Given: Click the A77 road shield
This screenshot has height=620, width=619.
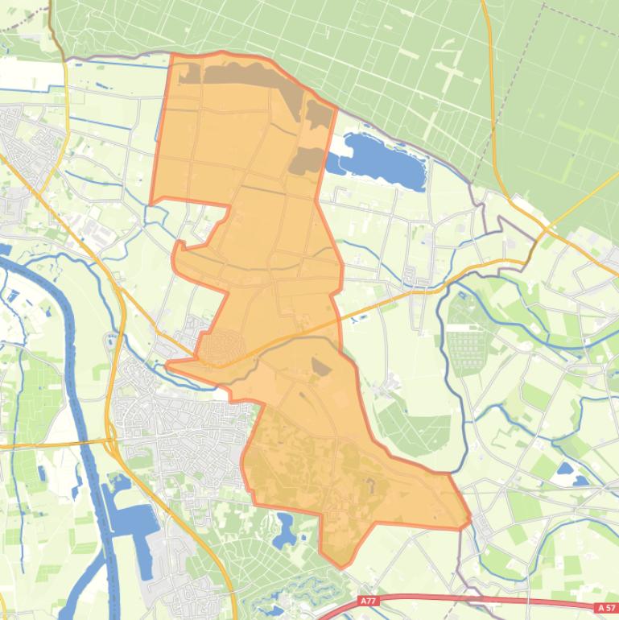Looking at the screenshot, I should pos(368,601).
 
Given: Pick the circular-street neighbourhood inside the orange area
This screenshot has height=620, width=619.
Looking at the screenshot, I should pos(218,347).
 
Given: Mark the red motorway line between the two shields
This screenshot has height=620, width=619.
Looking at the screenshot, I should pos(483,598).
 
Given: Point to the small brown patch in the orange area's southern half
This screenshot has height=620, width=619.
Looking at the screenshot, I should pos(320,367).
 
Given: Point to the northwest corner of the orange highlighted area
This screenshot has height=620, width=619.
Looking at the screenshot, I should pos(171,55).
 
